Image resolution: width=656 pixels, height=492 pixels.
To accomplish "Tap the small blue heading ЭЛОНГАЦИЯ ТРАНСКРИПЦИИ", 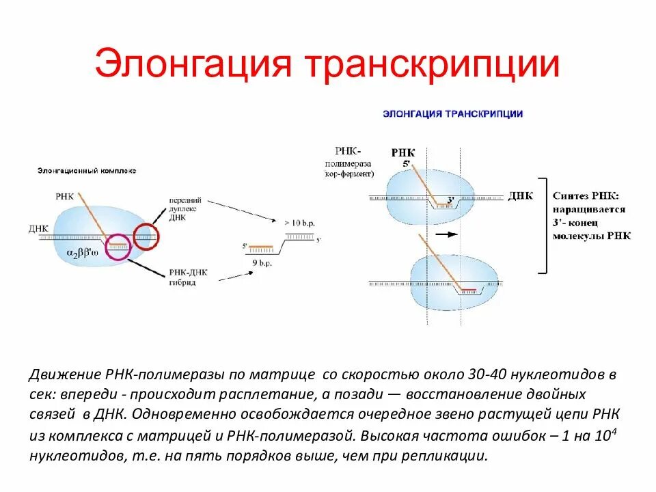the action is point(453,114).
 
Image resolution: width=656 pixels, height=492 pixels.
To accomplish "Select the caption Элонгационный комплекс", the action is point(86,170).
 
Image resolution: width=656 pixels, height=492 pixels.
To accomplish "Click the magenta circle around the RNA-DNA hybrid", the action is point(118,247).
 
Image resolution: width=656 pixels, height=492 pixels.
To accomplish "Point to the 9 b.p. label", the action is point(262,260).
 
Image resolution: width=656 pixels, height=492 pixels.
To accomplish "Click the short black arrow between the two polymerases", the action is point(445,234).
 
